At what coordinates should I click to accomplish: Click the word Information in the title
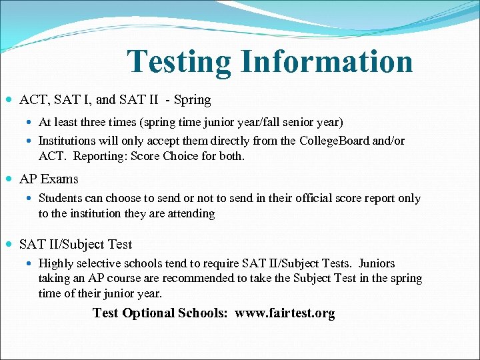tap(327, 61)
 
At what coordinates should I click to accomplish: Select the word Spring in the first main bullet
tap(192, 100)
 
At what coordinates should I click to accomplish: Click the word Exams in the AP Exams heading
tap(60, 179)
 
